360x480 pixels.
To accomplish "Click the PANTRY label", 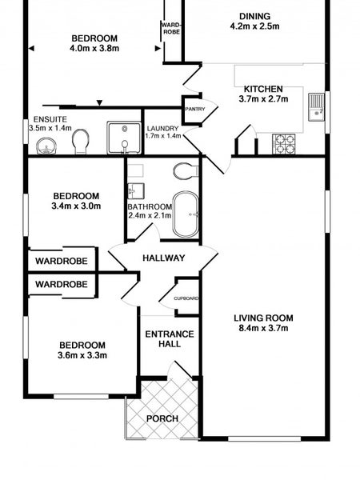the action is point(195,109).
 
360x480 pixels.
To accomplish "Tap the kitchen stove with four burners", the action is point(284,144).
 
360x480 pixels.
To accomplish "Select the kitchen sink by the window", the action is point(316,107).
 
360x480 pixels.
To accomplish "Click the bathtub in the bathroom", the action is point(186,214).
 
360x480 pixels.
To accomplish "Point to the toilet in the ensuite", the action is point(80,142).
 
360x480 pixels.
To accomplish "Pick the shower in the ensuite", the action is point(124,138).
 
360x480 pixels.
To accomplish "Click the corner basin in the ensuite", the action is point(46,146).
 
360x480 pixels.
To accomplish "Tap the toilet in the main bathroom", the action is point(186,171).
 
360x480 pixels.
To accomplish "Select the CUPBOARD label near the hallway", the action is point(186,298).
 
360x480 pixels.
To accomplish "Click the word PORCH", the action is point(162,418).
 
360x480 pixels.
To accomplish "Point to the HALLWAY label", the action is point(164,258).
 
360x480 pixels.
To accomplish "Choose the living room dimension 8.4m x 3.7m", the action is point(263,328).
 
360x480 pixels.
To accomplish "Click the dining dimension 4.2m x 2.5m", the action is point(254,26).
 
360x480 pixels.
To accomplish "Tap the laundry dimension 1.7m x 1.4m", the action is point(163,136).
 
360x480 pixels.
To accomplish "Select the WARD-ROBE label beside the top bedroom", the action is point(171,29).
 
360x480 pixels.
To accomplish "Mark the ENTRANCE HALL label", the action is point(170,339).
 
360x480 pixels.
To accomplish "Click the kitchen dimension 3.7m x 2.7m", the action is point(263,99).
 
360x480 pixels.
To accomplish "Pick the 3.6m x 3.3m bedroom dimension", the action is point(82,355).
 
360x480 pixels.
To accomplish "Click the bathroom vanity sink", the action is point(136,191).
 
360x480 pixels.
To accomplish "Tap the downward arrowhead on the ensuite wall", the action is point(99,103).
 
